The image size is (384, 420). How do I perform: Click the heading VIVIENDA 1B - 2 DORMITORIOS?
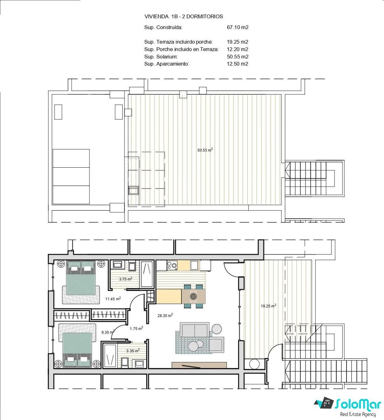[184, 16]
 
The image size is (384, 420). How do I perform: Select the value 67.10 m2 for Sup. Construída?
[238, 27]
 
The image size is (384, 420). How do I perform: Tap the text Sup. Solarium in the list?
[161, 57]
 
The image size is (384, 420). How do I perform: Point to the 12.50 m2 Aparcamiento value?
[238, 64]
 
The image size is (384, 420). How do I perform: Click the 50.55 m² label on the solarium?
[205, 150]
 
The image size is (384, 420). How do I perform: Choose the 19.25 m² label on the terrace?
[268, 306]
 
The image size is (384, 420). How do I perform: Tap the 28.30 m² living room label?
[165, 315]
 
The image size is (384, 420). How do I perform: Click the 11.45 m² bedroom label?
[113, 299]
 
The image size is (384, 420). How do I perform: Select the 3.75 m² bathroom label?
[125, 279]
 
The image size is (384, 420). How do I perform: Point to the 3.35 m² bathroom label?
[133, 351]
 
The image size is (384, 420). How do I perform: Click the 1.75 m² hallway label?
[136, 329]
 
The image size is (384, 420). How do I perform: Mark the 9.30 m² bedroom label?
[108, 332]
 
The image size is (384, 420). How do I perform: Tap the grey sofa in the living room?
[194, 330]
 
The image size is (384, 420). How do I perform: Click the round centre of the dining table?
[193, 296]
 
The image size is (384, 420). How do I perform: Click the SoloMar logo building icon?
[324, 402]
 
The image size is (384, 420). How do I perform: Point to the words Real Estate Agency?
[358, 414]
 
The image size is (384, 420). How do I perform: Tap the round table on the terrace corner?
[254, 364]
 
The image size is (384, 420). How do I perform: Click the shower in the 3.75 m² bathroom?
[147, 274]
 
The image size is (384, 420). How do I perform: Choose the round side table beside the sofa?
[217, 329]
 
